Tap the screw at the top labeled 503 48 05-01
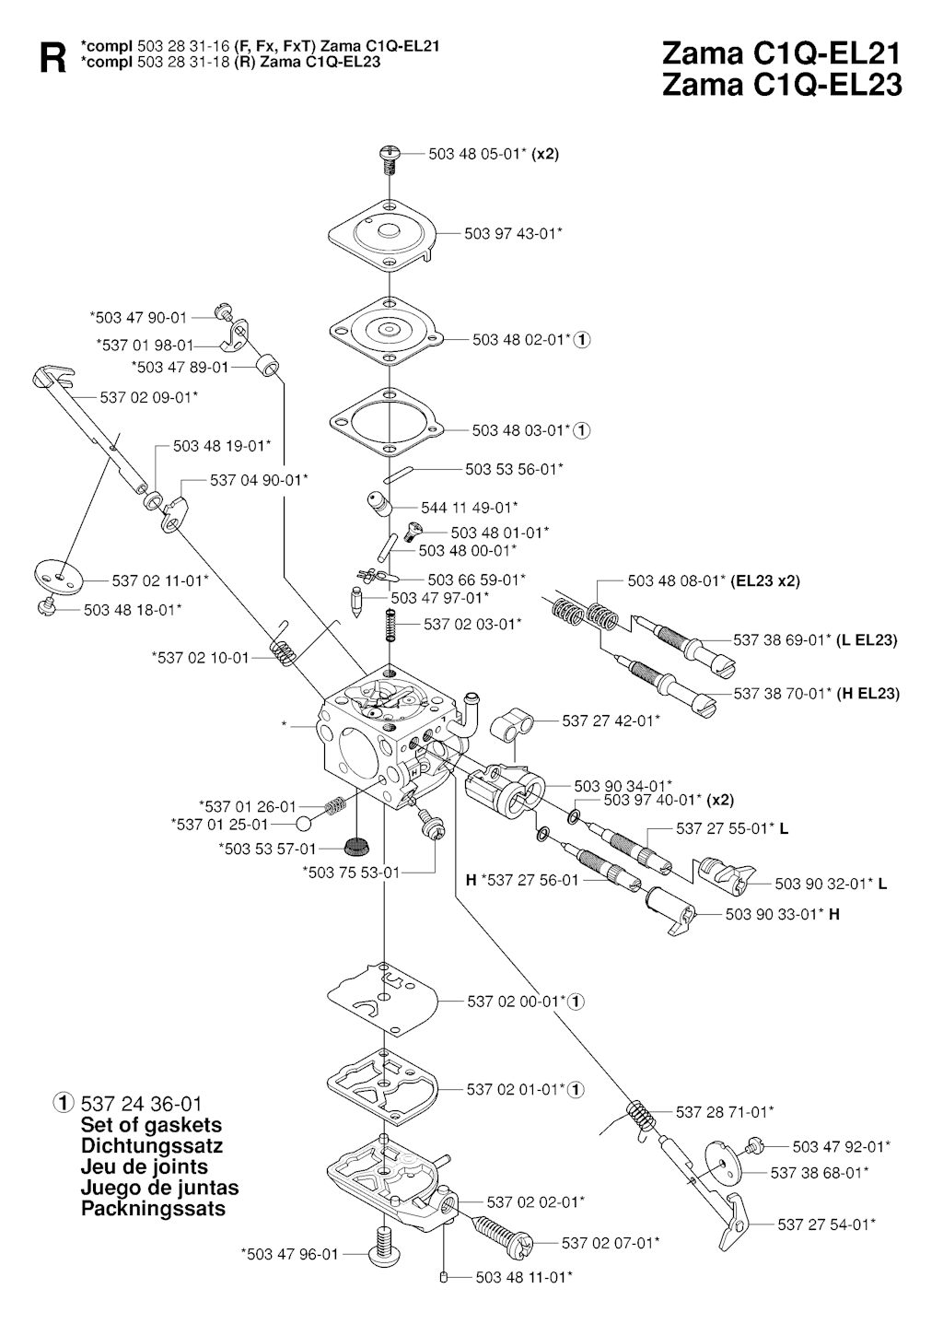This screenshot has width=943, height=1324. tap(390, 158)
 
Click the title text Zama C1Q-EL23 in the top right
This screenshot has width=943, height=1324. tap(781, 85)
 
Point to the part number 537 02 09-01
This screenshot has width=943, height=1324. tap(148, 397)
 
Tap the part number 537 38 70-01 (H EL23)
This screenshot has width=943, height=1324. tap(816, 694)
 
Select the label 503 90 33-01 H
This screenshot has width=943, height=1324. tap(782, 915)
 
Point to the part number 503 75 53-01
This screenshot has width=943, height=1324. tap(351, 872)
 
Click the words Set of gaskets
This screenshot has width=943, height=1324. tap(151, 1125)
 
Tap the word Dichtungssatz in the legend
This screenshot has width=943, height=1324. tap(152, 1146)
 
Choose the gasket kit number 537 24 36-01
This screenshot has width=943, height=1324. tap(142, 1104)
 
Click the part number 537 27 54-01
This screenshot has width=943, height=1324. tap(826, 1224)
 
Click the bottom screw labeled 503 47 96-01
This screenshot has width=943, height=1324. tap(380, 1251)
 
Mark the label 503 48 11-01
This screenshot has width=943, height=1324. tap(524, 1277)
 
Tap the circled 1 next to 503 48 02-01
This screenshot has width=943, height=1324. tap(582, 340)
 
